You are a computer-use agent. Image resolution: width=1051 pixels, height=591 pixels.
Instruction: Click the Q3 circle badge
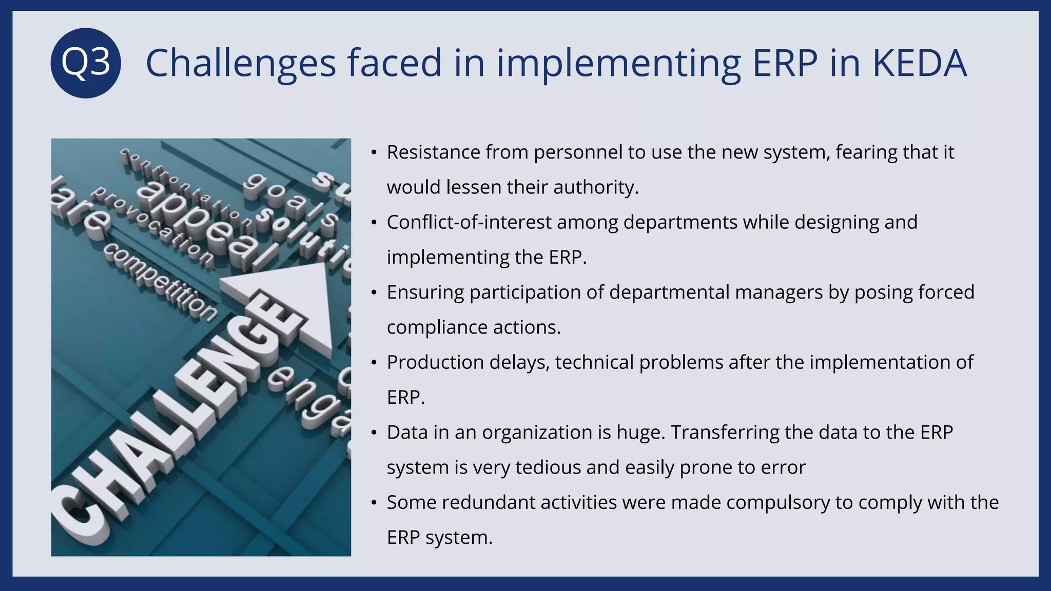coord(86,63)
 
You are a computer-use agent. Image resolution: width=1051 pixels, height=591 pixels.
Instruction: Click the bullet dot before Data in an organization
coord(374,432)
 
